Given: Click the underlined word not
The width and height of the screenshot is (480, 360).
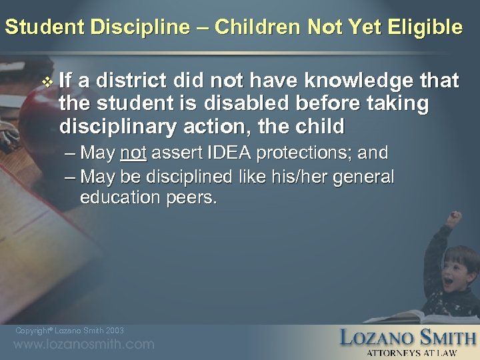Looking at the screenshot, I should (133, 153).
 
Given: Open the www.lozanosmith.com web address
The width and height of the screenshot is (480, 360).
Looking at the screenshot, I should (84, 345).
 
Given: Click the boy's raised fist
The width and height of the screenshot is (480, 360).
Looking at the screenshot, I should (455, 217).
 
